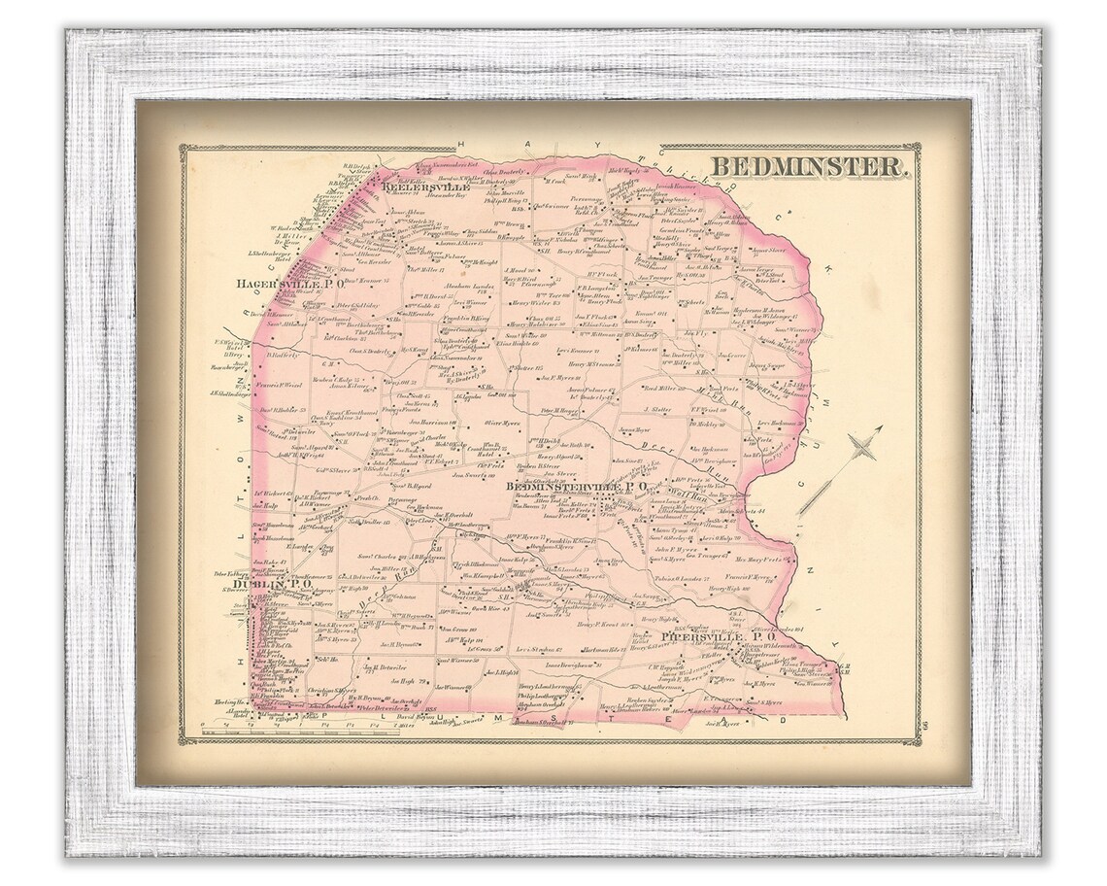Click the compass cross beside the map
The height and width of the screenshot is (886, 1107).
(x=859, y=447)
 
